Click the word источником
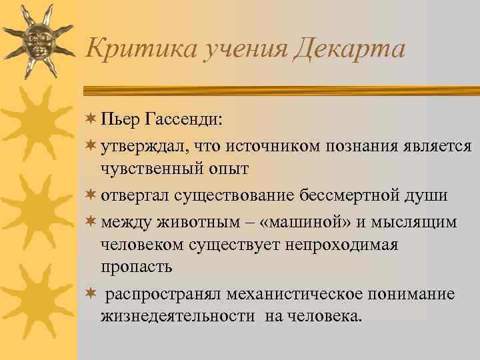coord(260,145)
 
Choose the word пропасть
coord(137,267)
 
